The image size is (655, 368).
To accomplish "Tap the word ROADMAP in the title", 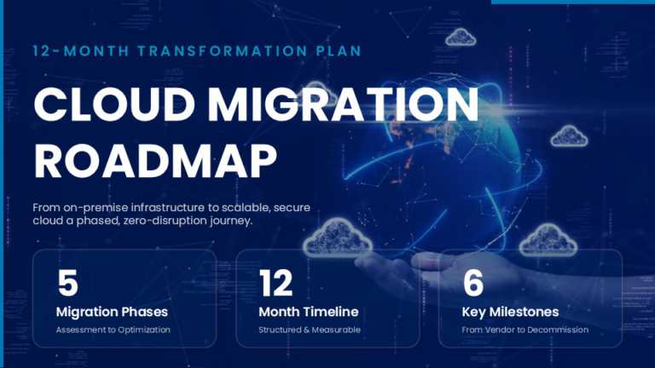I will coord(155,159).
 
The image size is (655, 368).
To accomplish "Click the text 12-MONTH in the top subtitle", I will coord(79,50).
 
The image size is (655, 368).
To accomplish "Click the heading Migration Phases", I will coord(112,312).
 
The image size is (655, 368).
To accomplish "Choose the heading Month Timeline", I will coord(308,312).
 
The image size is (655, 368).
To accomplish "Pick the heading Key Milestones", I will coord(511,312).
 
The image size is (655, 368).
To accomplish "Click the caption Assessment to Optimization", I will coord(113,330).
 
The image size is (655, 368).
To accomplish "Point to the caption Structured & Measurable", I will coord(310,330).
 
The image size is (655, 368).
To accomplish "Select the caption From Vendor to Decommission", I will coord(525,330).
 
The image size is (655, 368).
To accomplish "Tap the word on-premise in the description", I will coord(100,207).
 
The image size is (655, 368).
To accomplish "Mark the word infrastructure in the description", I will coord(176,207).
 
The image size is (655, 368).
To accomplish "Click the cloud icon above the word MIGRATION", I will coord(461,37).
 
